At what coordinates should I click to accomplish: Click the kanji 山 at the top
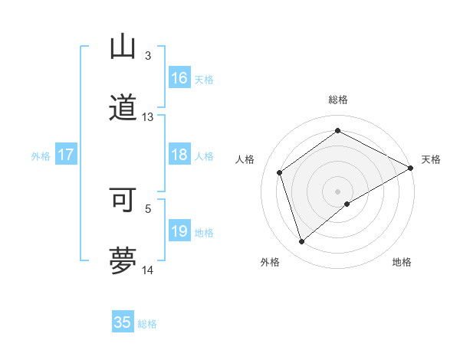point(123,47)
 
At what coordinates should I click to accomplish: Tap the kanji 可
point(123,200)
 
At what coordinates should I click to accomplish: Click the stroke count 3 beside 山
point(148,56)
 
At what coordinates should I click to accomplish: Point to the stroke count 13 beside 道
point(148,117)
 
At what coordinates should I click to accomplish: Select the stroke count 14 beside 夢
point(148,270)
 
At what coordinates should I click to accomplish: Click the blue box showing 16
point(179,78)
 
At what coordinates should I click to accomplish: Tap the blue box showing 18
point(179,155)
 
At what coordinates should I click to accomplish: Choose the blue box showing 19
point(179,231)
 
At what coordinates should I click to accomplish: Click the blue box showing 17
point(66,155)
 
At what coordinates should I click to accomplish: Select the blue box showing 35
point(123,322)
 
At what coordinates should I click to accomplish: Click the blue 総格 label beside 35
point(147,324)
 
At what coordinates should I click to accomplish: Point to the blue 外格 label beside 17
point(41,156)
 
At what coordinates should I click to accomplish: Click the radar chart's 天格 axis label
point(431,159)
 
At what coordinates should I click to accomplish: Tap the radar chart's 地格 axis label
point(402,262)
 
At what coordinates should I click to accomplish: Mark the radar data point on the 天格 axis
point(411,168)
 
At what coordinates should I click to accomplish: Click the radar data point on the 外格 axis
point(301,242)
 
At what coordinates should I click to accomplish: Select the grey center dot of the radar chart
point(338,191)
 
